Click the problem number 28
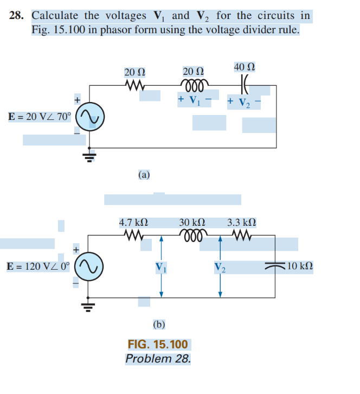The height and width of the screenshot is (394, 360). tap(17, 16)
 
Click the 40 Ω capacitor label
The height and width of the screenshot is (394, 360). tap(245, 67)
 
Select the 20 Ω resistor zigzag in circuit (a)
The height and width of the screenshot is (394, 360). tap(134, 86)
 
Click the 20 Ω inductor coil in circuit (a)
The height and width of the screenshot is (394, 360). tap(192, 85)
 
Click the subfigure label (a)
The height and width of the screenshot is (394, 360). tap(144, 175)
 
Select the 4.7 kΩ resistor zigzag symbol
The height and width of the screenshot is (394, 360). tap(133, 236)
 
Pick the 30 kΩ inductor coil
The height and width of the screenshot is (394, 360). tap(192, 236)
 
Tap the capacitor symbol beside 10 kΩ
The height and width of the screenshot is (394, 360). tap(275, 266)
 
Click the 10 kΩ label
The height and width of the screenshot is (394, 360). tap(299, 266)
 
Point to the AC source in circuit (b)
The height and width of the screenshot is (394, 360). tap(88, 266)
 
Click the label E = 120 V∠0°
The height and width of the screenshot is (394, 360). tap(39, 266)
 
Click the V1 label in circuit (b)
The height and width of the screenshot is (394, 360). tap(161, 266)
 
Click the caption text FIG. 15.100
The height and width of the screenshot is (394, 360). tap(158, 345)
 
